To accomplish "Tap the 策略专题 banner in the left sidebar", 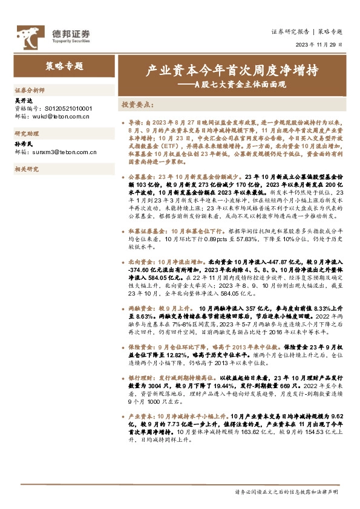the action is (65, 66).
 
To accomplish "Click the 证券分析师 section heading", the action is (30, 89).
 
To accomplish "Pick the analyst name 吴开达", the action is (22, 101).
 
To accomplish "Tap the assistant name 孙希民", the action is (22, 145).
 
